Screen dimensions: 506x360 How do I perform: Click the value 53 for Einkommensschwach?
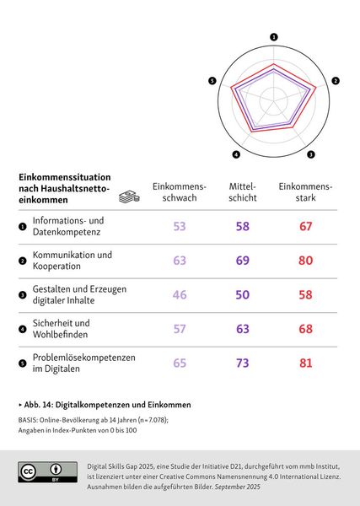click(179, 226)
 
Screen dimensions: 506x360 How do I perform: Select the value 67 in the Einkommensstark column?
click(305, 226)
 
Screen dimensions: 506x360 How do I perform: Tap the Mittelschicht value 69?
click(242, 261)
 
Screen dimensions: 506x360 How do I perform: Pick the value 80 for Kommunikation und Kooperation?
click(305, 261)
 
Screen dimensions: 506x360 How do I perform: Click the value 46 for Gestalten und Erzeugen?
click(179, 295)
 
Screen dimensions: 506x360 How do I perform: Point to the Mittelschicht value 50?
click(242, 295)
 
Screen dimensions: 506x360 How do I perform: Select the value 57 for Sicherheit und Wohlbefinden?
click(179, 329)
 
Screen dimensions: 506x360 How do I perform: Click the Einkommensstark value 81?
click(305, 363)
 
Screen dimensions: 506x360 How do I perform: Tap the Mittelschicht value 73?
click(242, 363)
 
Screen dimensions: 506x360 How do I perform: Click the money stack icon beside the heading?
click(128, 196)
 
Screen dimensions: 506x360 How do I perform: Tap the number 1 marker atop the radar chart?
click(274, 37)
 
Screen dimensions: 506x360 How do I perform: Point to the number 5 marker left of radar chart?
click(212, 80)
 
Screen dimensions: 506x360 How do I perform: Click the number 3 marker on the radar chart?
click(311, 154)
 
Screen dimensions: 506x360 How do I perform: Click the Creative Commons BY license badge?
click(41, 472)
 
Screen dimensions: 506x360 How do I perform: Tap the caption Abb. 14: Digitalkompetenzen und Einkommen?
click(105, 404)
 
